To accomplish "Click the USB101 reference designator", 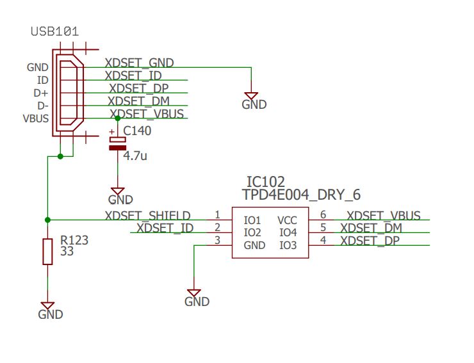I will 55,31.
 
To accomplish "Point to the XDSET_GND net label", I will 139,63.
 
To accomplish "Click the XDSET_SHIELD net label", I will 147,215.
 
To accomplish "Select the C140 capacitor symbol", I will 117,143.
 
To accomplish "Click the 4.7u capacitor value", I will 135,156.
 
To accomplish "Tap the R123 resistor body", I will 47,251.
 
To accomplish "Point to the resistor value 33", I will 67,252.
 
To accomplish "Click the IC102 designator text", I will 265,182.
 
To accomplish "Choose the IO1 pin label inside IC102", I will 252,220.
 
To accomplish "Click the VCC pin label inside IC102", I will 287,220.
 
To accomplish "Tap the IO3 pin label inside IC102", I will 288,245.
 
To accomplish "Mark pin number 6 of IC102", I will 323,215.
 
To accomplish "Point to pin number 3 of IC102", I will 217,240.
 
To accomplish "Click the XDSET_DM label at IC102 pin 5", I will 371,228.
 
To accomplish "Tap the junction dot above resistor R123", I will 47,220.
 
